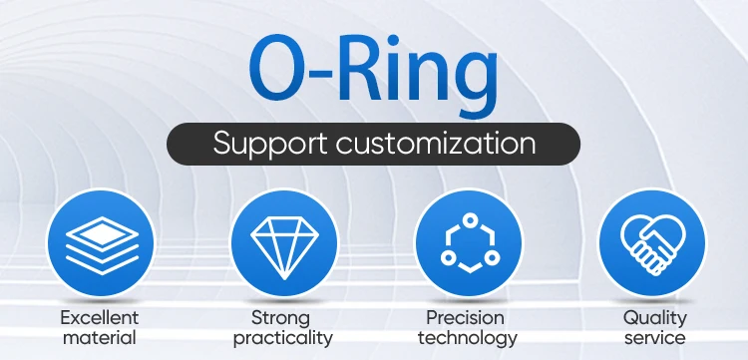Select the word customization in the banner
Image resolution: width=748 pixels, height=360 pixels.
pyautogui.click(x=436, y=143)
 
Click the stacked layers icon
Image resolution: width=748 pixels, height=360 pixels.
pyautogui.click(x=102, y=245)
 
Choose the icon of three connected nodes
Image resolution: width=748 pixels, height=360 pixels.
pyautogui.click(x=470, y=243)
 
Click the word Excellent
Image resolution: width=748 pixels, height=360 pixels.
pyautogui.click(x=100, y=317)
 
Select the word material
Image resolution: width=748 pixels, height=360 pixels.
pyautogui.click(x=100, y=338)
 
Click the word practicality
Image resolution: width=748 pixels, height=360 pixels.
pyautogui.click(x=283, y=339)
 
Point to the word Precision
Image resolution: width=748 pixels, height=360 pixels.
pyautogui.click(x=465, y=317)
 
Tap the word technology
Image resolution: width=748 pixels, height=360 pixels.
pyautogui.click(x=468, y=339)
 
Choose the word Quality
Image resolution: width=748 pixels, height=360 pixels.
pyautogui.click(x=655, y=318)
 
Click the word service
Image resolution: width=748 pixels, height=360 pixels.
pyautogui.click(x=655, y=338)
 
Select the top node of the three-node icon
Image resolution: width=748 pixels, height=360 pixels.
pyautogui.click(x=471, y=219)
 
